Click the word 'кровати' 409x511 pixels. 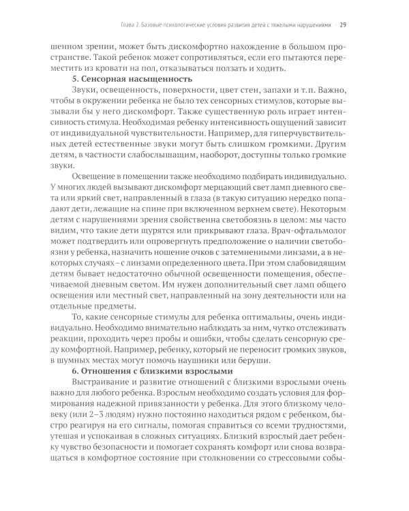[117, 67]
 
